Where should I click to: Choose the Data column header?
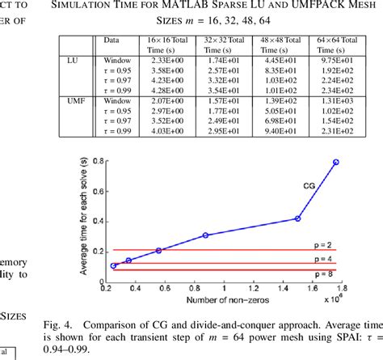click(112, 39)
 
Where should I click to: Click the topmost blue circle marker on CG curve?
click(335, 162)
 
